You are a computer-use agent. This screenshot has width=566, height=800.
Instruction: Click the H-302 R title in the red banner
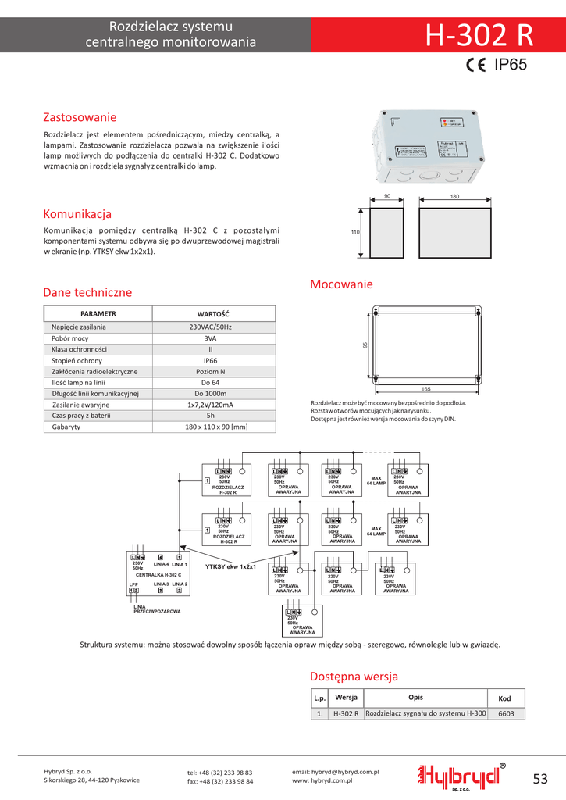click(479, 36)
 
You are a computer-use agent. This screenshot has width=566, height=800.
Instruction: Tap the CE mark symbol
click(477, 66)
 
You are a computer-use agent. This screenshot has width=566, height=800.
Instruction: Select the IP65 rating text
click(511, 66)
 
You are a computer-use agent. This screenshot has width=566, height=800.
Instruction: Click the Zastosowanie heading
click(80, 117)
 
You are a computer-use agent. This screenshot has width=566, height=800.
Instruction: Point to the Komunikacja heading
click(77, 214)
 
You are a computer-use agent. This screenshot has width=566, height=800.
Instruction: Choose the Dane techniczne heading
click(87, 292)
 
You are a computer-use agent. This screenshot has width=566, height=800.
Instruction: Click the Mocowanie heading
click(341, 284)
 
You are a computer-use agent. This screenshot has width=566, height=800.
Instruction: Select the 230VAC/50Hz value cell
click(210, 327)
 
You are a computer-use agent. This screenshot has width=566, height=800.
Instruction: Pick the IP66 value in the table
click(210, 361)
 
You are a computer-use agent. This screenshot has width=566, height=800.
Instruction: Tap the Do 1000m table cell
click(210, 394)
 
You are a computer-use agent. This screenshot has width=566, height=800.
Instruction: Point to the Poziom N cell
click(210, 372)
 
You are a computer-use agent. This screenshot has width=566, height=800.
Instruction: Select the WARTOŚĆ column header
click(213, 313)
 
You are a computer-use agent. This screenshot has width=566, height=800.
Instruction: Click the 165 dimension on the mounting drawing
click(425, 388)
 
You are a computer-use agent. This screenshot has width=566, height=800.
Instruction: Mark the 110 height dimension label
click(354, 233)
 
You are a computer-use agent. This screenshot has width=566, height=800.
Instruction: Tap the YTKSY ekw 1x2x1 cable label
click(230, 566)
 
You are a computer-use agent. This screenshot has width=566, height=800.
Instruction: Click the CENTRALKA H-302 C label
click(158, 574)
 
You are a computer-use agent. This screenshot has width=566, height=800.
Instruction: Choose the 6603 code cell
click(506, 713)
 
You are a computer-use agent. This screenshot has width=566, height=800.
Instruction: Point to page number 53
click(541, 778)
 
